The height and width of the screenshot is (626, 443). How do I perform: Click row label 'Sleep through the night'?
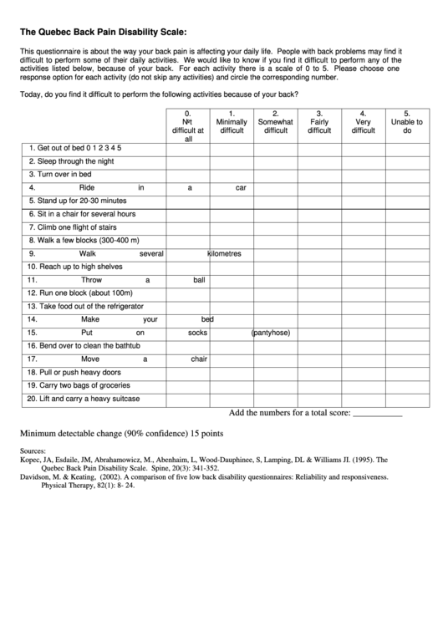click(x=70, y=161)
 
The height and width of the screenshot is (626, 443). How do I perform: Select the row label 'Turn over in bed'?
click(x=59, y=175)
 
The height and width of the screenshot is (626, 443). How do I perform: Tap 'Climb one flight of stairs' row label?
click(x=75, y=226)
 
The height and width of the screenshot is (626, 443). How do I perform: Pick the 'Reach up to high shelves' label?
click(x=74, y=267)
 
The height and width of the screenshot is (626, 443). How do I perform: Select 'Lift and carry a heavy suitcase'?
click(x=84, y=399)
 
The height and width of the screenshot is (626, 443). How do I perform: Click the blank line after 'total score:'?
click(x=378, y=414)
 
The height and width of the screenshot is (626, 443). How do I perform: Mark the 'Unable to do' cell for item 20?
click(x=407, y=399)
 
